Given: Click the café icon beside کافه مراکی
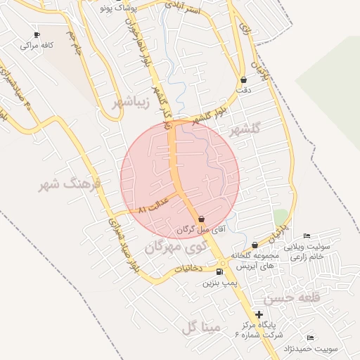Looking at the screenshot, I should [37, 34].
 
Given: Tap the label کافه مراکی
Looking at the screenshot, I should [37, 45].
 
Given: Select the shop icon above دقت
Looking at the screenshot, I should [243, 80].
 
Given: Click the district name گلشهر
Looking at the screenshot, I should [245, 129].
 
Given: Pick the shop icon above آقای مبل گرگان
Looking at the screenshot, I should [202, 219].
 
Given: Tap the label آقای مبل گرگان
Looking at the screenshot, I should [194, 229].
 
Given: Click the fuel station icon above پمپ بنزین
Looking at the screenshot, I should [220, 272].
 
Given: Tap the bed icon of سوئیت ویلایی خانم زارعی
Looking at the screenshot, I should [306, 236].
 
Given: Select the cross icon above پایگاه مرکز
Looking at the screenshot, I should [259, 314].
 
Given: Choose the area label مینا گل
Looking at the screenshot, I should [200, 328].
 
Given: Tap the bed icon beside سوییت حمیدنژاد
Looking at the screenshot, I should [311, 337].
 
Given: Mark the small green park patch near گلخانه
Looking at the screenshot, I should [281, 217].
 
